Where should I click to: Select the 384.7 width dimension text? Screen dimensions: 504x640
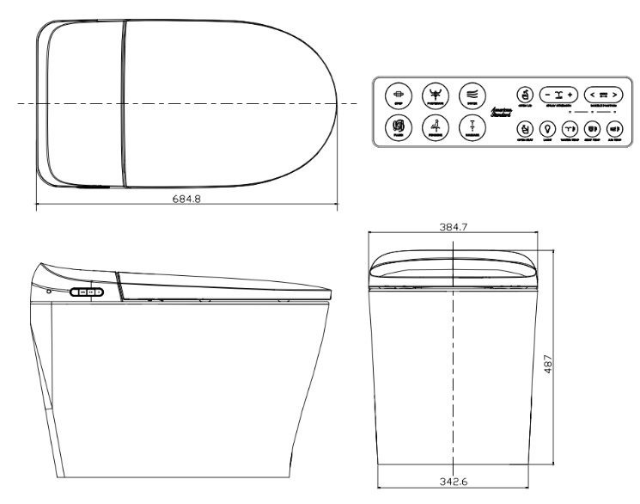pyautogui.click(x=453, y=227)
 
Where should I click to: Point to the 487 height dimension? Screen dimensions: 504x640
pyautogui.click(x=571, y=364)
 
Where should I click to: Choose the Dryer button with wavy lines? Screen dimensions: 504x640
pyautogui.click(x=472, y=94)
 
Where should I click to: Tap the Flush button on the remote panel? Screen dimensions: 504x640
pyautogui.click(x=397, y=128)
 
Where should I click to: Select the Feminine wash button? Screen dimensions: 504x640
pyautogui.click(x=434, y=128)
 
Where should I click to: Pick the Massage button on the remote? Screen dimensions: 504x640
pyautogui.click(x=472, y=128)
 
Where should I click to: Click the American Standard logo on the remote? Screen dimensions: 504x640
pyautogui.click(x=501, y=112)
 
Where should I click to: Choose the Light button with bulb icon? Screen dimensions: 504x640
pyautogui.click(x=546, y=130)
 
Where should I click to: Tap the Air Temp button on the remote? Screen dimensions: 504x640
pyautogui.click(x=614, y=130)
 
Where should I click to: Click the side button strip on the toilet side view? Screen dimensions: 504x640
pyautogui.click(x=87, y=292)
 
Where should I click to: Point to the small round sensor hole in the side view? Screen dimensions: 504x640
pyautogui.click(x=49, y=291)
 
